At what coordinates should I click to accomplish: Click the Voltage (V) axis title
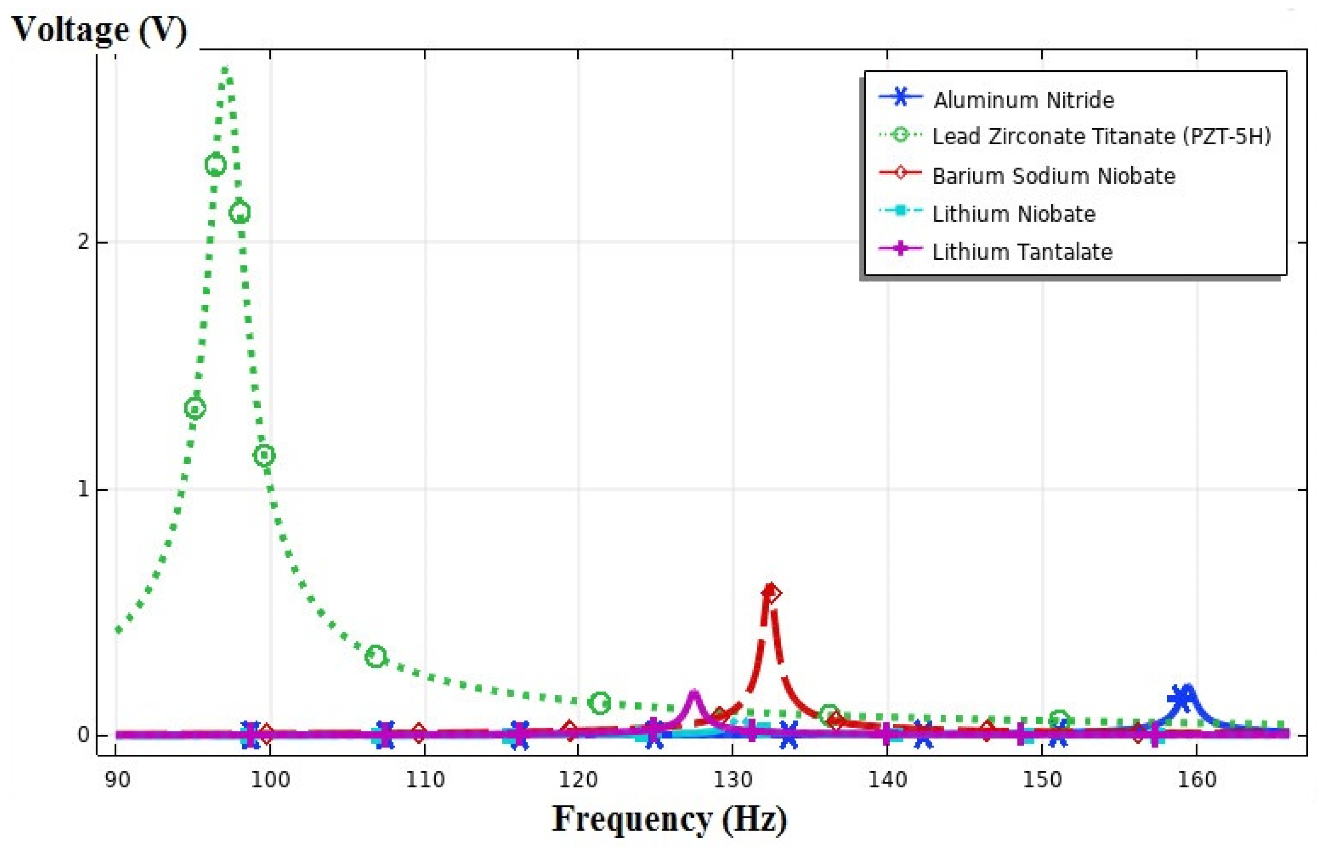99,30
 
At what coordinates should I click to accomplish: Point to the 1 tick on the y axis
83,488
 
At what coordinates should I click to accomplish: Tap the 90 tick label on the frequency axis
117,780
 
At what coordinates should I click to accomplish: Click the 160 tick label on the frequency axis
1197,780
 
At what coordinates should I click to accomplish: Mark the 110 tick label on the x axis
425,780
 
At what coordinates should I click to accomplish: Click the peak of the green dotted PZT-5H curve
225,69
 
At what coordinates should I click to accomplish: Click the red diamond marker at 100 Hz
266,733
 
